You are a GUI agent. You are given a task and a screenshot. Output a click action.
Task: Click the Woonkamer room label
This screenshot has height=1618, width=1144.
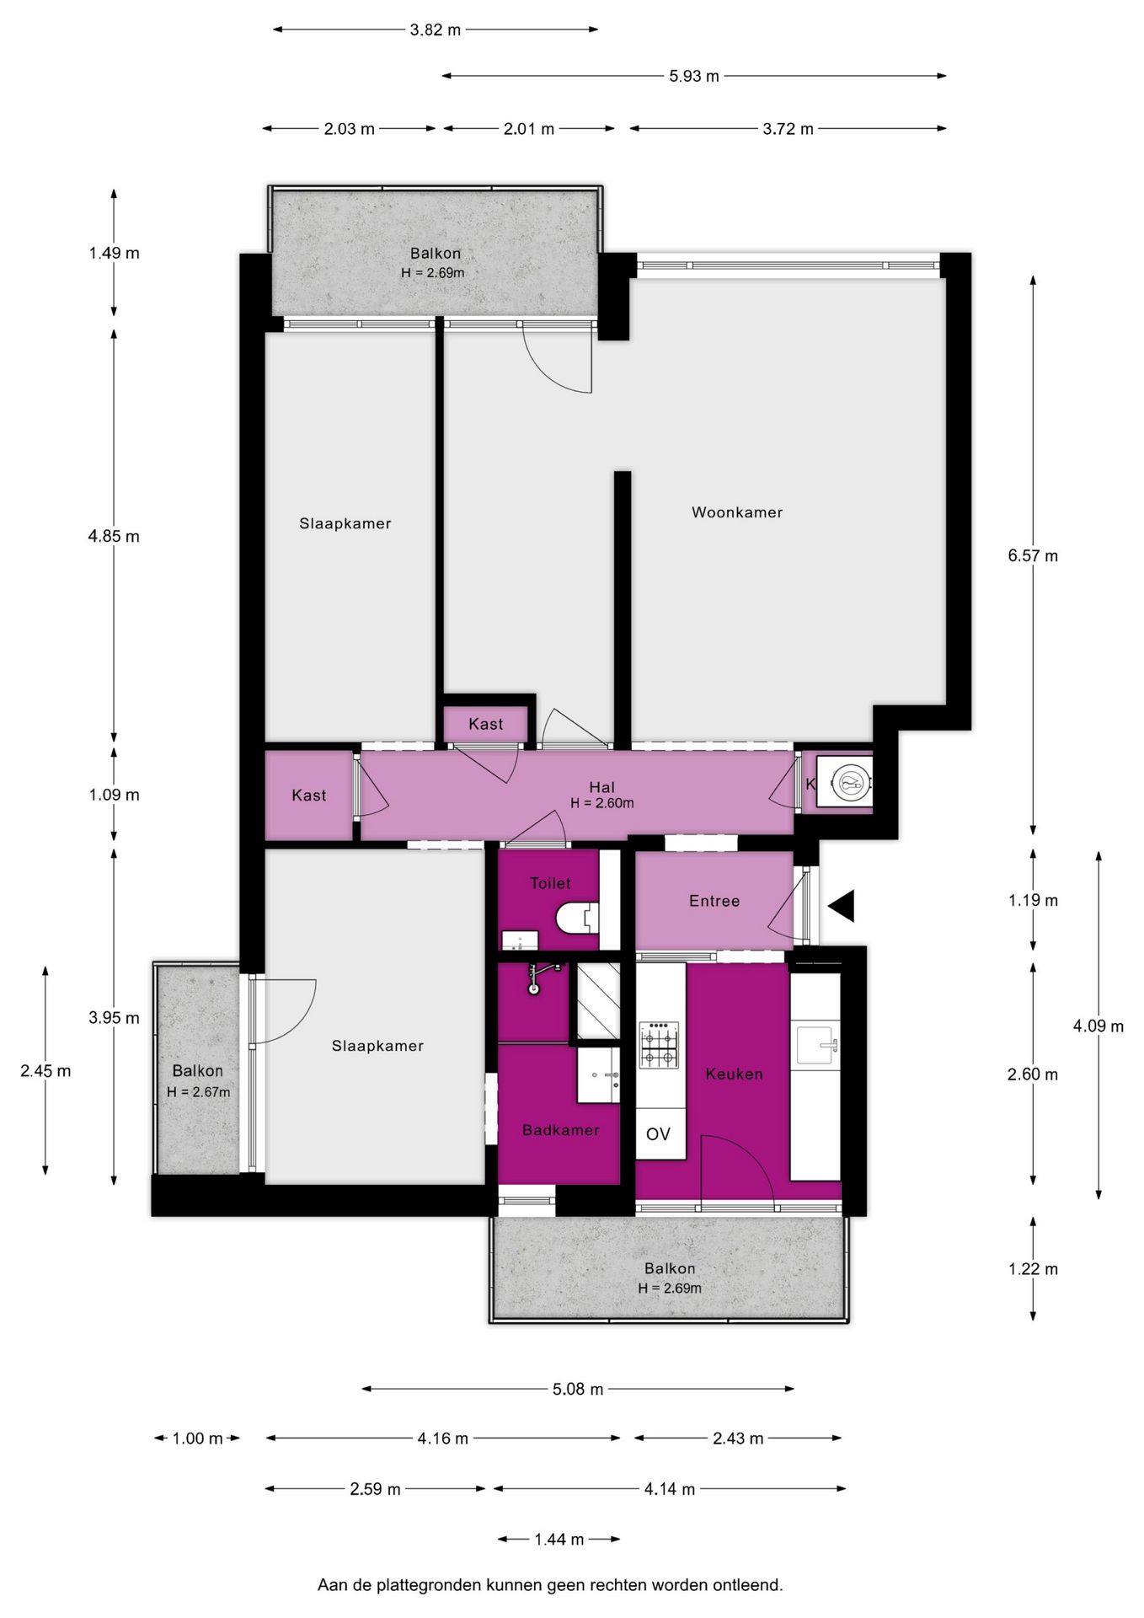pos(737,512)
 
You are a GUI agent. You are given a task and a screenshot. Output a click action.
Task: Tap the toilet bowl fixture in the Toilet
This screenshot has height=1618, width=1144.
pos(578,918)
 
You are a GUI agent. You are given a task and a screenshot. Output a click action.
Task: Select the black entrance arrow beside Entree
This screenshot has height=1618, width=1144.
pos(842,906)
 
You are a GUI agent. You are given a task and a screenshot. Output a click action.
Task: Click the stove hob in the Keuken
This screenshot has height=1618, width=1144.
pos(660,1045)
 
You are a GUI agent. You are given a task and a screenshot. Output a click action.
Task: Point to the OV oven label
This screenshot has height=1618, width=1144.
pos(658,1134)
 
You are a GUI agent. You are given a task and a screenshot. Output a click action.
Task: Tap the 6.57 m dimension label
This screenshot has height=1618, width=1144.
pos(1033,555)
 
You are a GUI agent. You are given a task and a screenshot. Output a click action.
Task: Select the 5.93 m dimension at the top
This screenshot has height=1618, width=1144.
pos(694,76)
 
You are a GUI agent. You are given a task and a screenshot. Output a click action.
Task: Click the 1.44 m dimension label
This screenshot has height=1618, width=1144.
pos(559,1539)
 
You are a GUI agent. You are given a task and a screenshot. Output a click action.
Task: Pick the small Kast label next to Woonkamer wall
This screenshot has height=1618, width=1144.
pos(486,724)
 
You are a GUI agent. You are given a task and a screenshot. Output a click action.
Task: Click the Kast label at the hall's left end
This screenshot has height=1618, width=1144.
pos(309,795)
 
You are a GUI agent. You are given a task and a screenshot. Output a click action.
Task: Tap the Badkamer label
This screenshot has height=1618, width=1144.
pos(560,1130)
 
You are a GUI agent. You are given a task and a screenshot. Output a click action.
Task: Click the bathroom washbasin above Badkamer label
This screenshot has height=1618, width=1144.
pos(599,1074)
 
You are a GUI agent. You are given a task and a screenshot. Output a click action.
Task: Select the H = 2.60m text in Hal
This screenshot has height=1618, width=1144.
pos(601,803)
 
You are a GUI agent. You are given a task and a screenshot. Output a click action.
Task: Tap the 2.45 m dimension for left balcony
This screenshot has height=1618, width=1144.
pos(45,1071)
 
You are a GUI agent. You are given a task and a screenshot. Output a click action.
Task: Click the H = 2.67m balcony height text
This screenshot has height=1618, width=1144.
pos(198,1092)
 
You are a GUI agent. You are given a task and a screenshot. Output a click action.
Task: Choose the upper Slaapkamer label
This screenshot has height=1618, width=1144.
pos(345,523)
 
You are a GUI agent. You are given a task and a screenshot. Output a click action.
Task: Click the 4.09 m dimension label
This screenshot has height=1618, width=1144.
pos(1098,1026)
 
